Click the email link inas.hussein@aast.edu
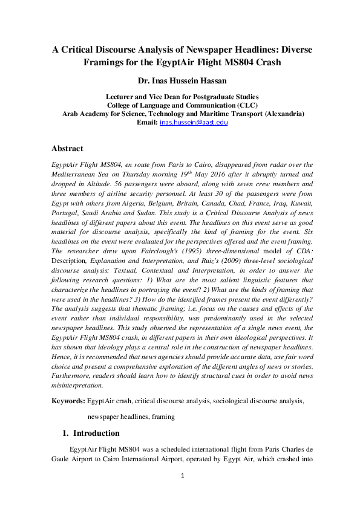(x=194, y=122)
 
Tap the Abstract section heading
(x=67, y=149)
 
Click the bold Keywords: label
(x=68, y=401)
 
